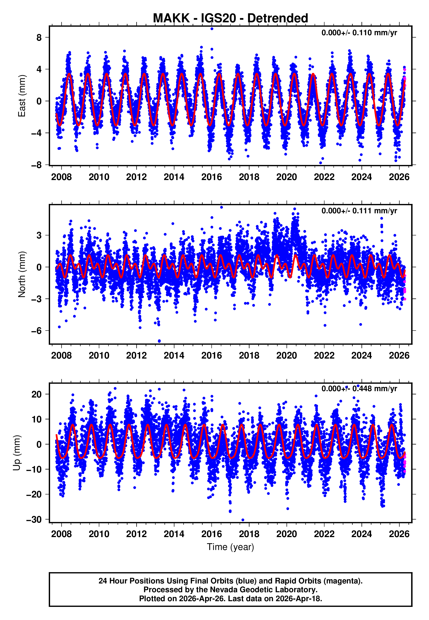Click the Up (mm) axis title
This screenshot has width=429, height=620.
[x=17, y=453]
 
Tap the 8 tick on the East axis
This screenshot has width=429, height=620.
[x=39, y=38]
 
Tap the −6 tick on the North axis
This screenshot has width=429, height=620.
[x=37, y=331]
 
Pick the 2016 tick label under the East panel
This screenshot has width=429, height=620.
[x=211, y=177]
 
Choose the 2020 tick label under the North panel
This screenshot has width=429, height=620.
[x=286, y=356]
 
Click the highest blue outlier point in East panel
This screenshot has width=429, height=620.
[x=212, y=28]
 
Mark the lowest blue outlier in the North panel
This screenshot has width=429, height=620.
[x=159, y=341]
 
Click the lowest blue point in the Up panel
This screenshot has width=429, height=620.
[x=243, y=520]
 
